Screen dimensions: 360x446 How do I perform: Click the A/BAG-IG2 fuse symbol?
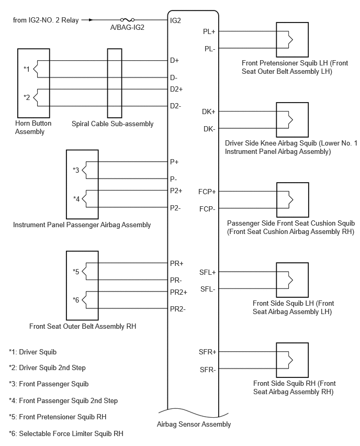(127, 20)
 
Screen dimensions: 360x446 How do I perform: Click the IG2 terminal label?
(175, 20)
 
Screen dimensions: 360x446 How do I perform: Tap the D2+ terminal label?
(176, 89)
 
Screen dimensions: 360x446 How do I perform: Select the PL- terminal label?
(210, 49)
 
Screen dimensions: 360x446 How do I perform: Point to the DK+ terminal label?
(208, 112)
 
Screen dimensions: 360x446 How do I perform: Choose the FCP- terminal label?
(207, 209)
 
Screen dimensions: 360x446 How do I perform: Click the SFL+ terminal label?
(208, 272)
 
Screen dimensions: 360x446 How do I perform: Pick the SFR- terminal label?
(208, 370)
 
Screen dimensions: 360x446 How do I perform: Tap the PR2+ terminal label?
(178, 292)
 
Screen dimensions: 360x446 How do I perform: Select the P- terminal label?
(174, 179)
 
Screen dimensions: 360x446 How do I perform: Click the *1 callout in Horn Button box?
(27, 69)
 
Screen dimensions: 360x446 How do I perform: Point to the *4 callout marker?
(76, 198)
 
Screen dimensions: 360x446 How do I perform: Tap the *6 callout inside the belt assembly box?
(76, 300)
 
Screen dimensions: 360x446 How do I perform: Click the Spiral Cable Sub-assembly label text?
(113, 124)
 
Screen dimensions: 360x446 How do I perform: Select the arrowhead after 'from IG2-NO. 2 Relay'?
(91, 20)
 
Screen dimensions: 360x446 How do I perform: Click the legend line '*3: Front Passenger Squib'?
(49, 384)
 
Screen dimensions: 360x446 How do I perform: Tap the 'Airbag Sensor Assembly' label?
(194, 425)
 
